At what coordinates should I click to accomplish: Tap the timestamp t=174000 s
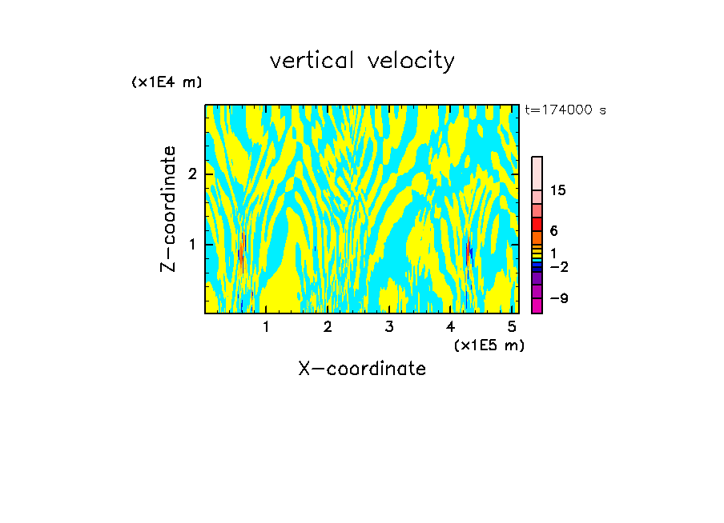565,110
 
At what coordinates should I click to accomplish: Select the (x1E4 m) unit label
167,82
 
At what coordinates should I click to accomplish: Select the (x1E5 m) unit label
489,345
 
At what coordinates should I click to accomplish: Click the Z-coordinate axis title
168,209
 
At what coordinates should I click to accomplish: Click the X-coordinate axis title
362,369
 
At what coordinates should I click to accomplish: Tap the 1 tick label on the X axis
266,326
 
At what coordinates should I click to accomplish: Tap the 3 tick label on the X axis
389,326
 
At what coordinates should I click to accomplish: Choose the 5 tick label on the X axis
513,326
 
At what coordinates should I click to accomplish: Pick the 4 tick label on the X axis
451,326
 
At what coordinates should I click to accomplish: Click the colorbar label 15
558,190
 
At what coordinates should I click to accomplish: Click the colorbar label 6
553,231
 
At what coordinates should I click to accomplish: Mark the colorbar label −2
558,266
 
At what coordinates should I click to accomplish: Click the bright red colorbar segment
537,224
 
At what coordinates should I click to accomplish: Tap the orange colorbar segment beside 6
537,238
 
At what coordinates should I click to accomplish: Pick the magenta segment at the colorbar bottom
537,305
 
